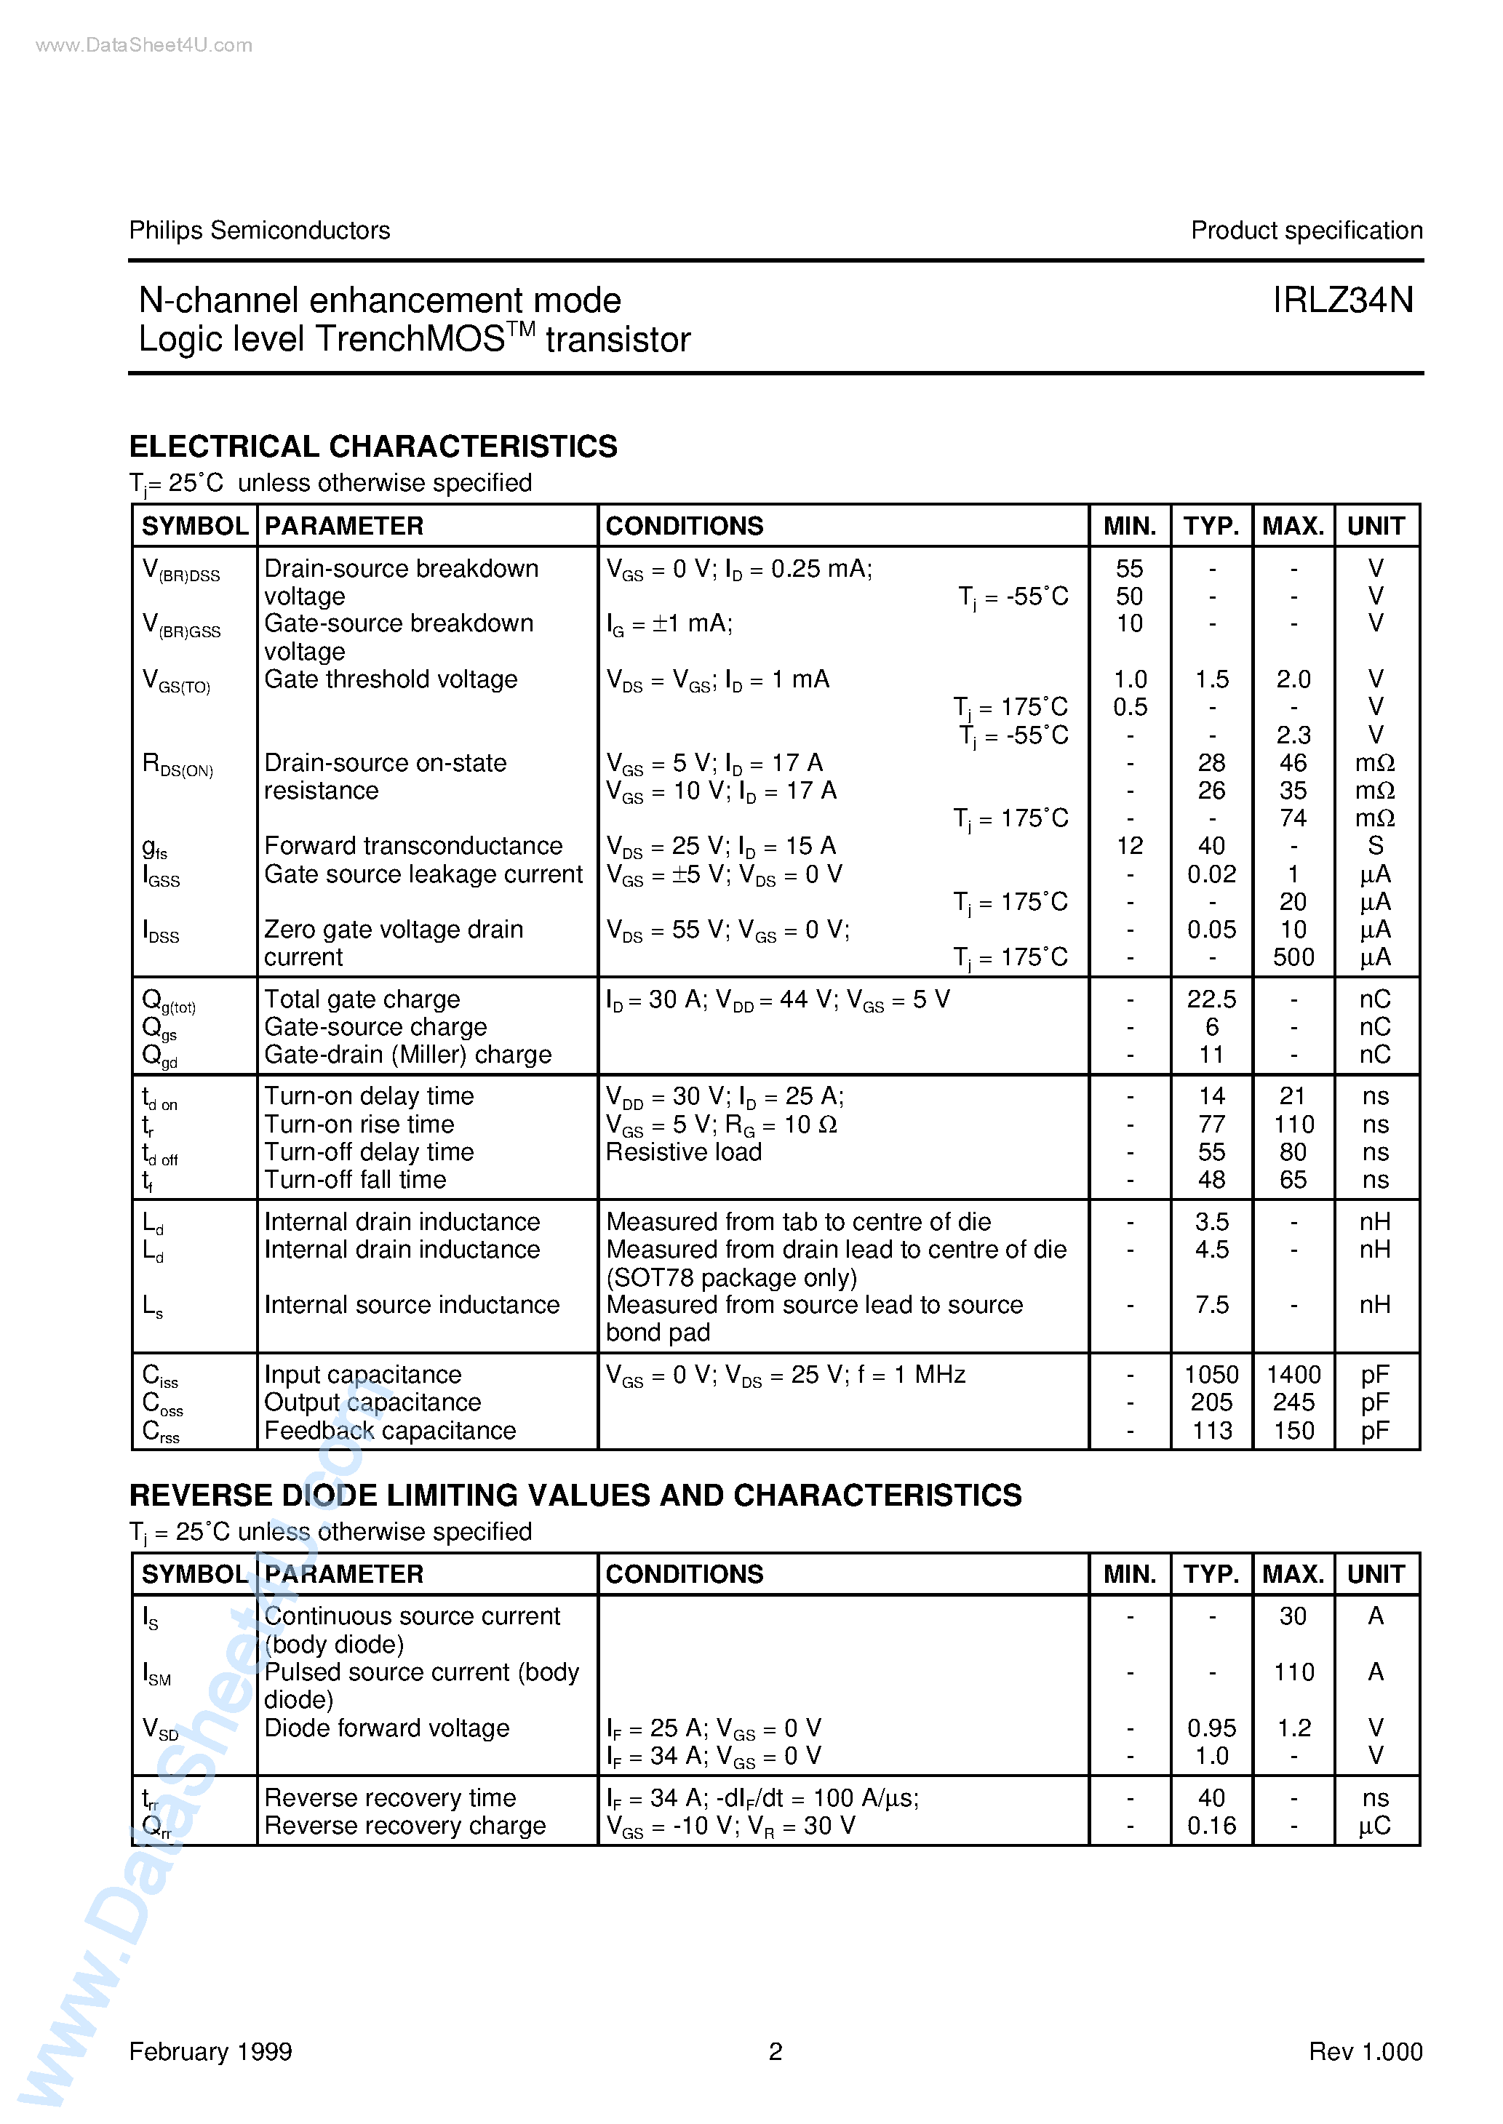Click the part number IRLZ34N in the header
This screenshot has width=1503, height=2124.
[1342, 300]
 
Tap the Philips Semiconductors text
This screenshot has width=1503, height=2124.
[259, 231]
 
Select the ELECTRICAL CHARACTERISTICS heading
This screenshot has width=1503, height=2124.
[373, 446]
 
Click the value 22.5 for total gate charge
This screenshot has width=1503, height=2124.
[1211, 999]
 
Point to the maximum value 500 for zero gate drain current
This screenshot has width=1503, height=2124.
[1293, 957]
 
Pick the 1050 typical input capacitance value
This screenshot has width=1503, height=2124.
[1211, 1375]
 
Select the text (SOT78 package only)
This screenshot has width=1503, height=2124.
[731, 1277]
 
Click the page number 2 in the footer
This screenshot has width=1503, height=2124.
[776, 2052]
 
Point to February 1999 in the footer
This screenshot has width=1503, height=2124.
[210, 2052]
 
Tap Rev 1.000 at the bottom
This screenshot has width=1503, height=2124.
[1365, 2052]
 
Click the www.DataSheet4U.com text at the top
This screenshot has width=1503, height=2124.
[143, 45]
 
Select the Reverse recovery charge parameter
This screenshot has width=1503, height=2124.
[404, 1825]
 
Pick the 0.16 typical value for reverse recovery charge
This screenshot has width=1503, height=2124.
[1211, 1825]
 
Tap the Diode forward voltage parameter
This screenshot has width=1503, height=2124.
[387, 1728]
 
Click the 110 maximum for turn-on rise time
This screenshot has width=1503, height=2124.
[1293, 1124]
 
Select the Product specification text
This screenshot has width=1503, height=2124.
[1306, 231]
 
